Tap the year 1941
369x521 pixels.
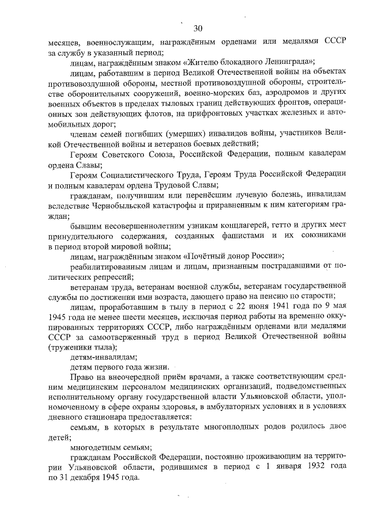[x=269, y=307]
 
